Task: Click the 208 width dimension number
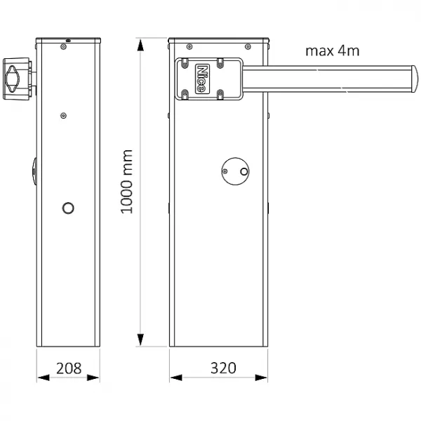(x=69, y=368)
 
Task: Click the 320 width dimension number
(x=223, y=368)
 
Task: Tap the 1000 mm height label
(x=126, y=182)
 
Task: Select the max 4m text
(x=333, y=51)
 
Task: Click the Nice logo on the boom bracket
(x=203, y=79)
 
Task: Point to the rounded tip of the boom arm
(x=415, y=79)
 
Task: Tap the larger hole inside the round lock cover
(x=244, y=172)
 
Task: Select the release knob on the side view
(x=13, y=79)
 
